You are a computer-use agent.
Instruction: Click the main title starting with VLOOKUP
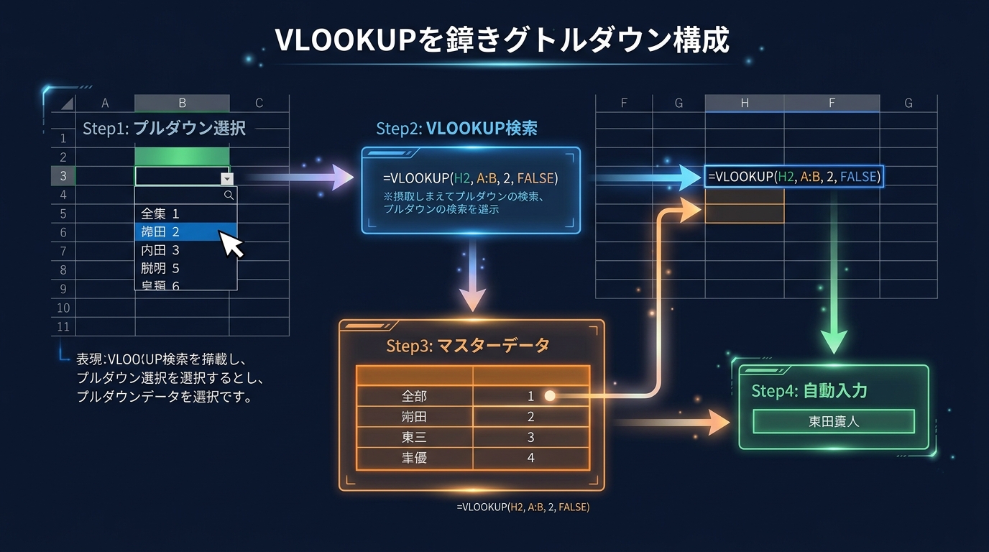point(502,41)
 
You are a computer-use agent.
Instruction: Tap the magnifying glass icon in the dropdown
point(229,195)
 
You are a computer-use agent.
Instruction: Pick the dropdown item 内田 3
point(160,250)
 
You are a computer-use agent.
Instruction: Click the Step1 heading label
point(164,129)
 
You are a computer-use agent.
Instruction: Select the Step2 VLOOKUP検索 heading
point(456,129)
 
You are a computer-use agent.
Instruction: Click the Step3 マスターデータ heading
point(467,346)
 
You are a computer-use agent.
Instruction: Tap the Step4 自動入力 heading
point(809,391)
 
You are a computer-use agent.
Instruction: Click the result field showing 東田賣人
point(833,421)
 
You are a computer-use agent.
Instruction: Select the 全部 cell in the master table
point(414,396)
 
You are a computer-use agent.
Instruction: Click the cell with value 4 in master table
point(530,457)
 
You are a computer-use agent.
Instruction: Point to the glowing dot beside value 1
point(550,395)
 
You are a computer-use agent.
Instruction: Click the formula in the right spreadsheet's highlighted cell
point(793,177)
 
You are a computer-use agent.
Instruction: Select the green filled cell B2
point(182,157)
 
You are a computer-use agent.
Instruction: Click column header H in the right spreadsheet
point(744,103)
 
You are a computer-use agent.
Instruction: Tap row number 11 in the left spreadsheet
point(63,327)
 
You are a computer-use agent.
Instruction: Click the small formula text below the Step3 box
point(523,507)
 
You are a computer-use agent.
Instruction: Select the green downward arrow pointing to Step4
point(834,338)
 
